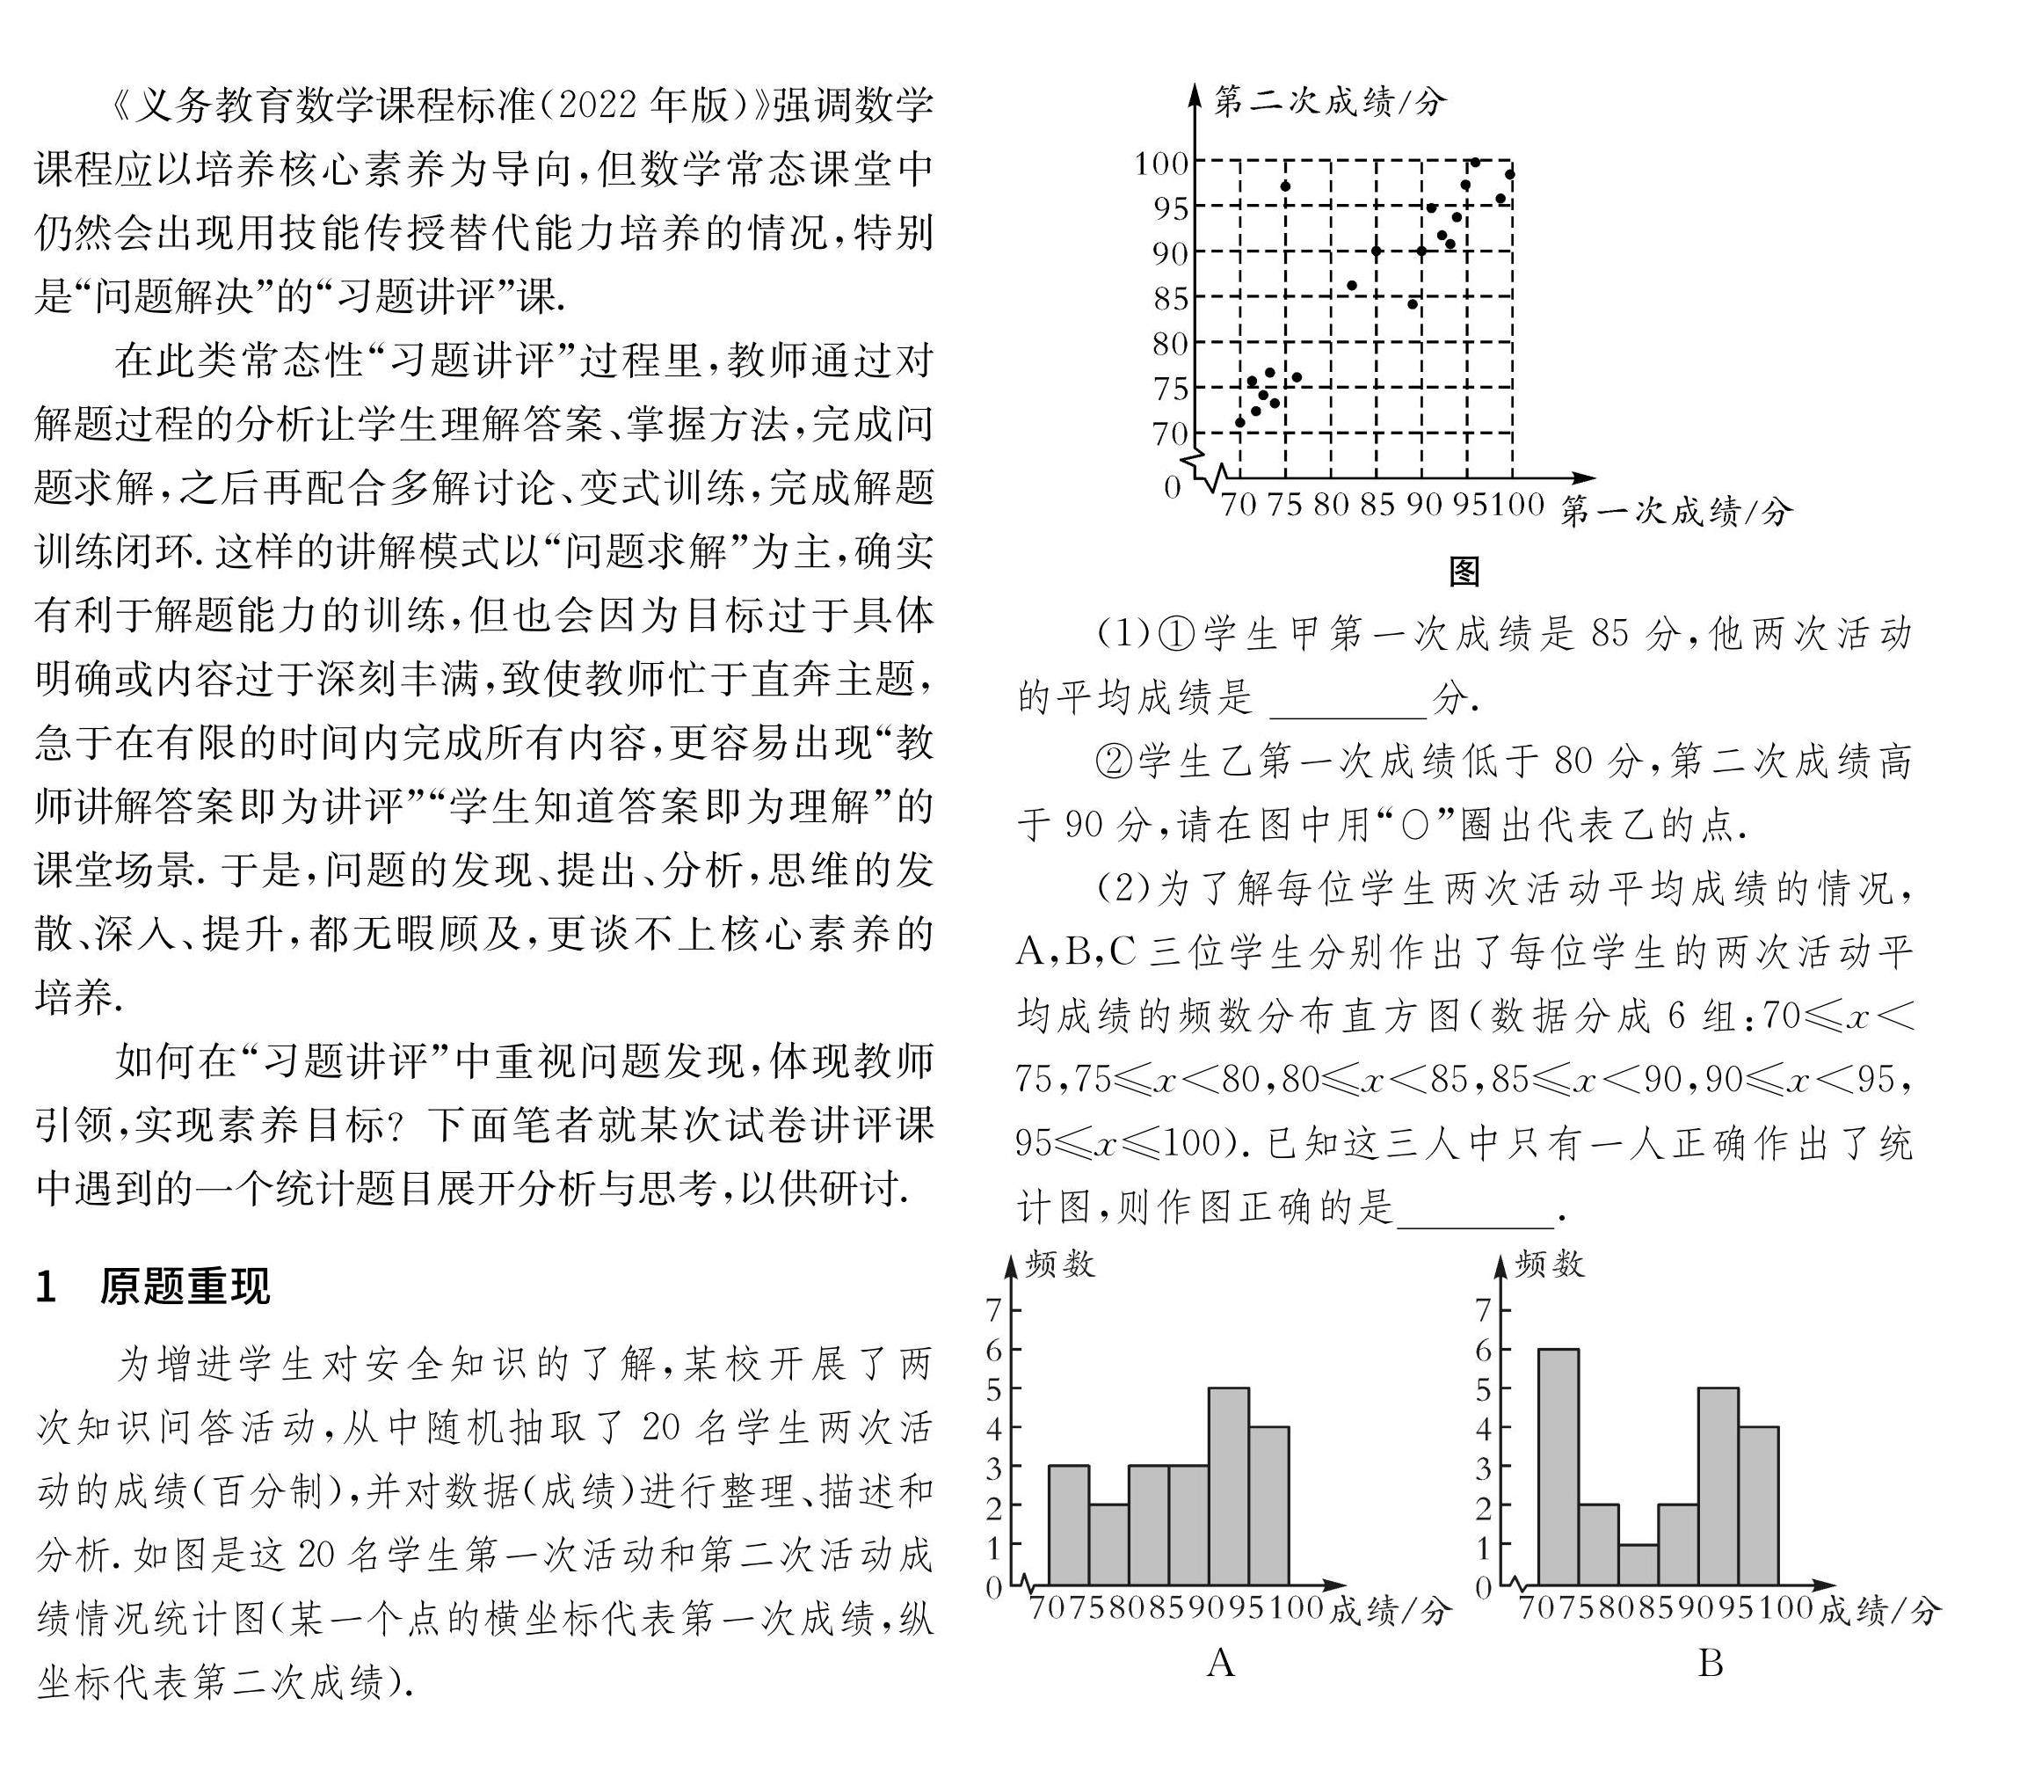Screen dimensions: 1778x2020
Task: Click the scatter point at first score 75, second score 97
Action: pos(1285,186)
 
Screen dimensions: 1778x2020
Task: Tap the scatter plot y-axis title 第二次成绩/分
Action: pos(1329,101)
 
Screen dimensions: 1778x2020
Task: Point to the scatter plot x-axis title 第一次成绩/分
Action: pos(1675,511)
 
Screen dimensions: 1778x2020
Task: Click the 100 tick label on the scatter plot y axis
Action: pos(1162,162)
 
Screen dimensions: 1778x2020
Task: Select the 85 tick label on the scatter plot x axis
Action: pos(1377,505)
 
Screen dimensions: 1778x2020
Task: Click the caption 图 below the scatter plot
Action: pos(1464,571)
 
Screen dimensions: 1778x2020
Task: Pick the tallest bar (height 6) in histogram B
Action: pos(1559,1467)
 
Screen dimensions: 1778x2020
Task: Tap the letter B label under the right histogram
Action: pos(1711,1664)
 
